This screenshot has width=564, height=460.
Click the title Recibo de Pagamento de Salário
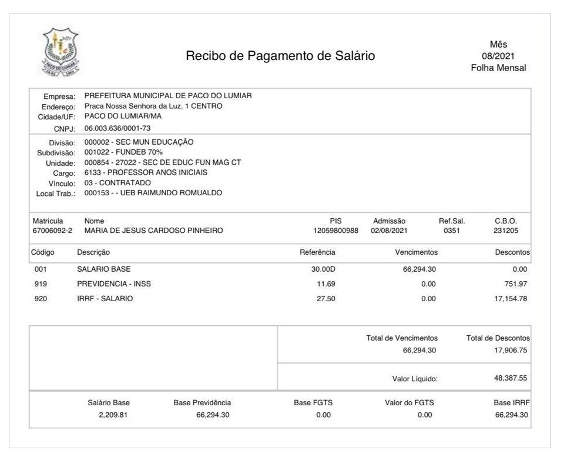tap(280, 56)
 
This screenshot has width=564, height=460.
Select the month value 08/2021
tap(498, 56)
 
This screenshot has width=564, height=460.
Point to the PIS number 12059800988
tap(336, 231)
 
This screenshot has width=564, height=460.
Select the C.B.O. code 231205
tap(506, 231)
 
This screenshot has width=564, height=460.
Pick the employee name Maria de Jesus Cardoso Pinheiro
tap(153, 231)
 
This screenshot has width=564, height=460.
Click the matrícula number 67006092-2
tap(52, 231)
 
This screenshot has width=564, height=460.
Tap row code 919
tap(41, 284)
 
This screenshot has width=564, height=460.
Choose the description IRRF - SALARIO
tap(105, 298)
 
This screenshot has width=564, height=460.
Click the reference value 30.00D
tap(322, 269)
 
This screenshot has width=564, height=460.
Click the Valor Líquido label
tap(415, 379)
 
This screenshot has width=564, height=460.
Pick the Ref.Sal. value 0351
tap(451, 231)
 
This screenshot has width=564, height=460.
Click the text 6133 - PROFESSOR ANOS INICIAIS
tap(146, 172)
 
